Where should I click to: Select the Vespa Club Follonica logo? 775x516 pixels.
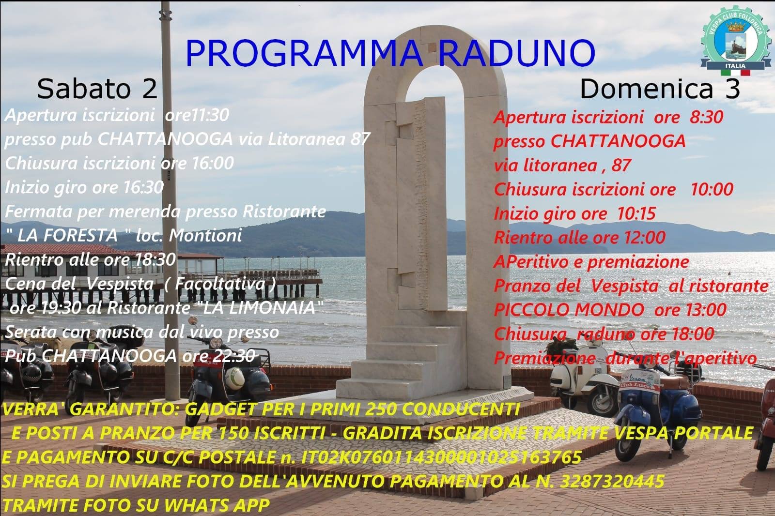tap(735, 41)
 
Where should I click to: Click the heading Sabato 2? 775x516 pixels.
tap(97, 89)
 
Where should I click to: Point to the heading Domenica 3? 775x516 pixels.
tap(660, 89)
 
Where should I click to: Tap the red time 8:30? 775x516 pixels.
tap(706, 117)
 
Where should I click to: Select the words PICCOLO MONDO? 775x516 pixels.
tap(569, 309)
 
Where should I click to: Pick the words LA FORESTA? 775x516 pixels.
tap(67, 236)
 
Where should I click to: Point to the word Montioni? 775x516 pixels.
tap(205, 236)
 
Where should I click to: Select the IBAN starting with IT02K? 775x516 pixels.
tap(441, 457)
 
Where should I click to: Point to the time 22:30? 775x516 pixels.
tap(236, 356)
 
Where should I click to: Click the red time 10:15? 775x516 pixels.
tap(636, 213)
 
